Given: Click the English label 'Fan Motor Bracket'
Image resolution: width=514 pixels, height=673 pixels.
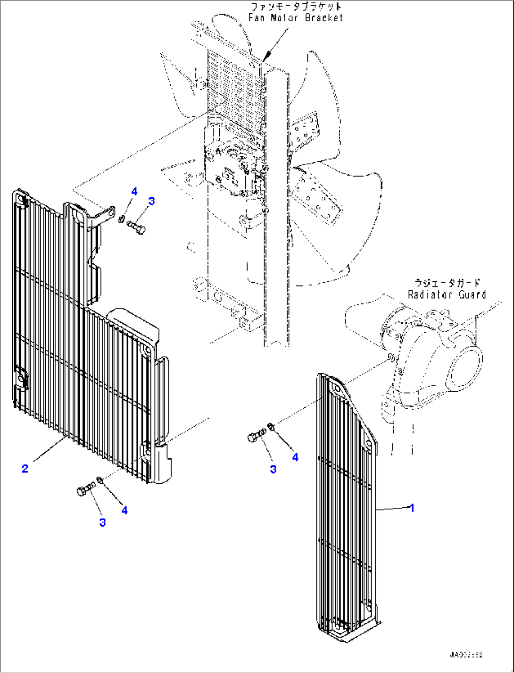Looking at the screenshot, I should [296, 18].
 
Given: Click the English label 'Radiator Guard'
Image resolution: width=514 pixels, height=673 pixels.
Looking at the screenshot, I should [447, 294].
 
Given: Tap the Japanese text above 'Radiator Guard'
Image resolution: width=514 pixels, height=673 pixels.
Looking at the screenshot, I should [447, 283].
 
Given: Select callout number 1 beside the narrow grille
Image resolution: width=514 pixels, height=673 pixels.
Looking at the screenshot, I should [412, 508].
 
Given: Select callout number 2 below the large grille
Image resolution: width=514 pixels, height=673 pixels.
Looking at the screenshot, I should [25, 468].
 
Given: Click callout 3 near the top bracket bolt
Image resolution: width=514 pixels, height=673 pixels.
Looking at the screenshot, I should [151, 201].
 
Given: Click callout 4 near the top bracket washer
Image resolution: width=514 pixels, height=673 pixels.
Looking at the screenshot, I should [134, 192].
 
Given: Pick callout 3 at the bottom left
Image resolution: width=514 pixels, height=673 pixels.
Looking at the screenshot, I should [102, 522].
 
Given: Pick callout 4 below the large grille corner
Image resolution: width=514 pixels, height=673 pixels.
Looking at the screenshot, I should [124, 510].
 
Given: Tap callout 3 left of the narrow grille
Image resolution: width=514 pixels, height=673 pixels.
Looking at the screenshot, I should [273, 469].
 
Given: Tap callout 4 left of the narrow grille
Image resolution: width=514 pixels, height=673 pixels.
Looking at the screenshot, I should [295, 457].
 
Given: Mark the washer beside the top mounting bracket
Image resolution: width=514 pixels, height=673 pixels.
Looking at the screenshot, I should [122, 219].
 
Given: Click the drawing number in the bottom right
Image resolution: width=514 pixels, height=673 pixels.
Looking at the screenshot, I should [465, 655].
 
